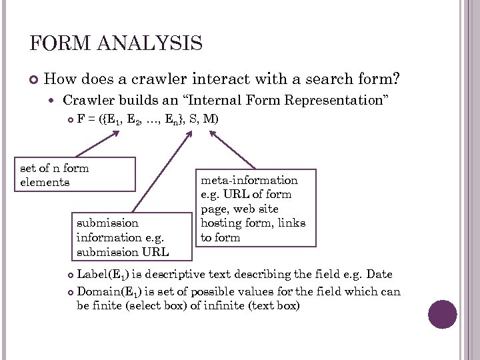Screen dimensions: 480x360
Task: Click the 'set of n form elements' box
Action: [x=77, y=175]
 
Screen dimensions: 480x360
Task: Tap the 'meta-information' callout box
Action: [x=254, y=208]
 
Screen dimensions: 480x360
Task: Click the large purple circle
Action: [x=442, y=314]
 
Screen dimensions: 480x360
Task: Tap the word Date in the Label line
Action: [x=379, y=275]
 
